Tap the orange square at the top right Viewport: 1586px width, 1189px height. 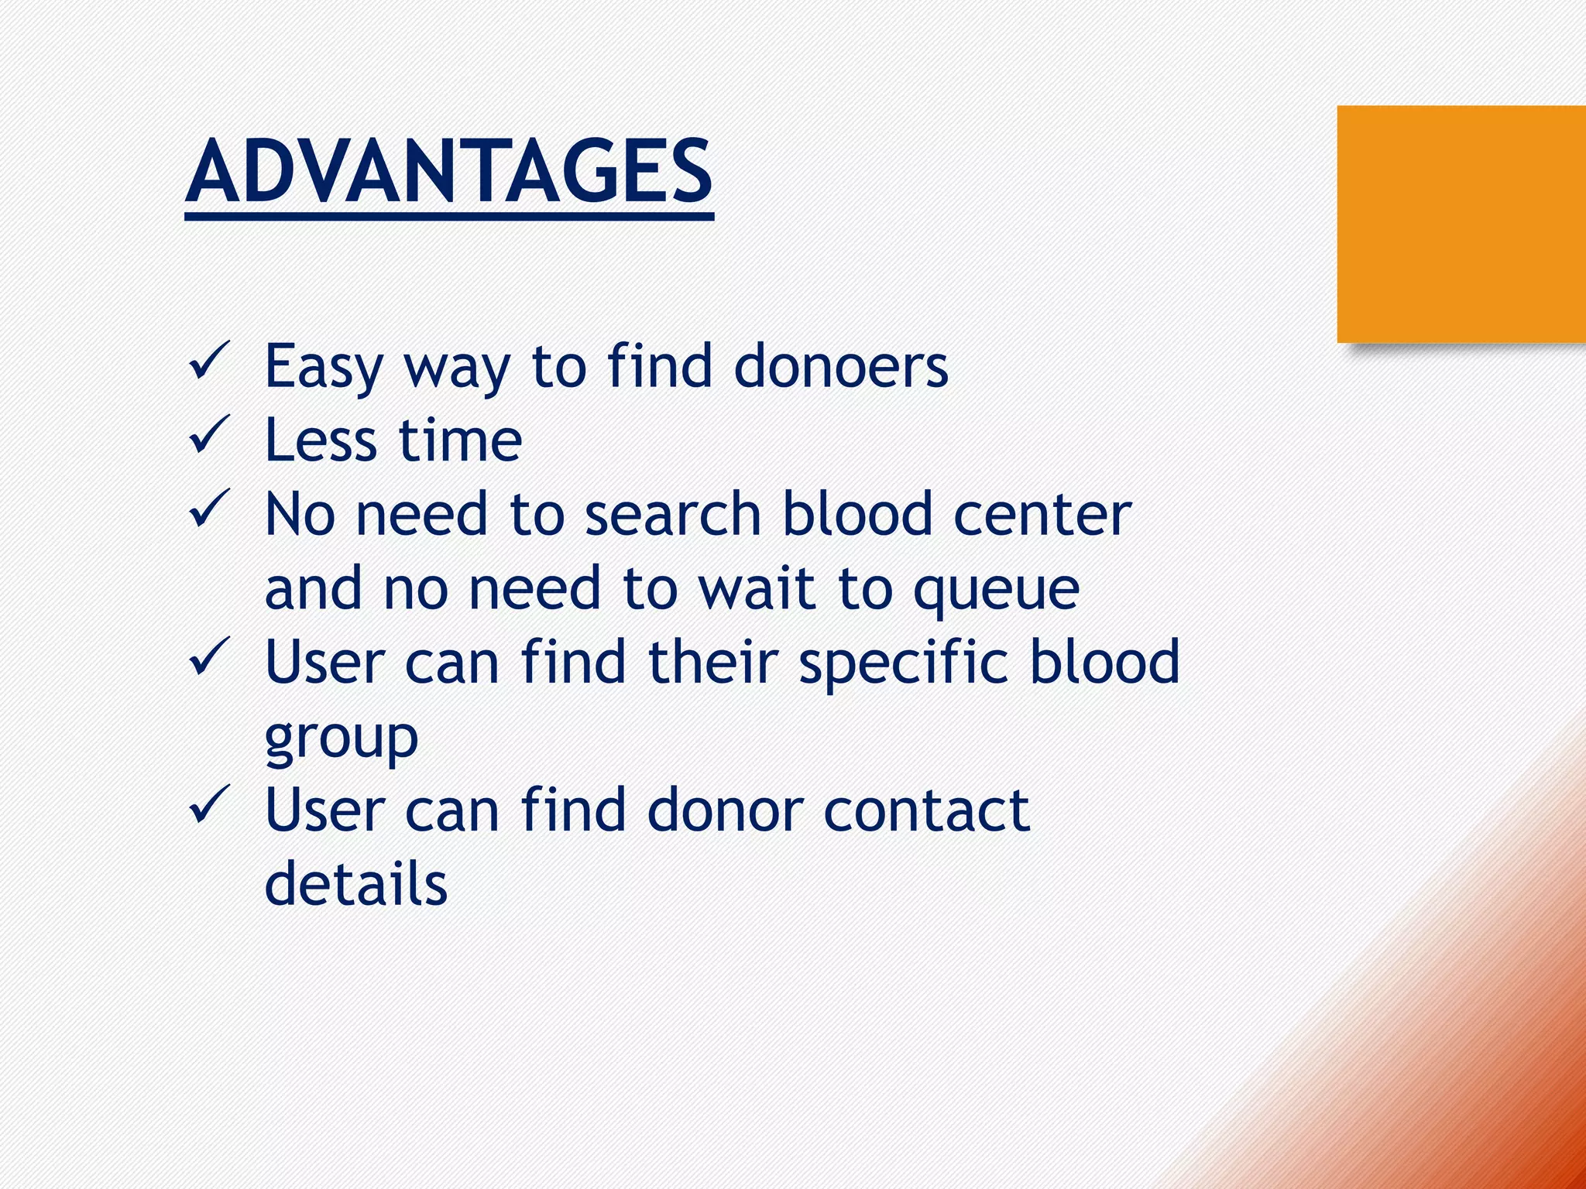(x=1461, y=224)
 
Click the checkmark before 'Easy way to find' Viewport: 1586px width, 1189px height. (x=209, y=361)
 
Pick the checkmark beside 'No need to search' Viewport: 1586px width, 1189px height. (x=209, y=509)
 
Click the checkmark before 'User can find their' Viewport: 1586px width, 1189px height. (x=209, y=656)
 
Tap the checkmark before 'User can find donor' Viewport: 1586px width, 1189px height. (x=209, y=804)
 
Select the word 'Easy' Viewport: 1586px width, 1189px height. (x=324, y=368)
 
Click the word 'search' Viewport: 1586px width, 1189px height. (x=672, y=514)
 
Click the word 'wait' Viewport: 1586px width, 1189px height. (x=757, y=588)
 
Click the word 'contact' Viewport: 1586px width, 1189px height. (x=926, y=810)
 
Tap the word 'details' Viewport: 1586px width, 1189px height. (x=356, y=883)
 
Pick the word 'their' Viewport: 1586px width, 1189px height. (x=712, y=662)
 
